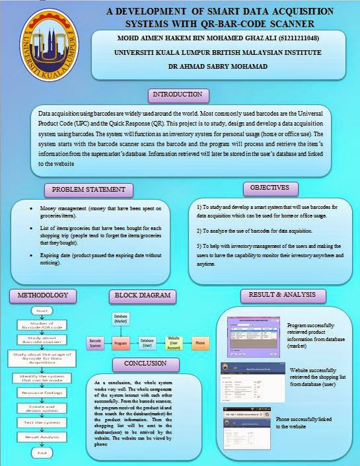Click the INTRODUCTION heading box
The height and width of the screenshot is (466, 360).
(x=176, y=95)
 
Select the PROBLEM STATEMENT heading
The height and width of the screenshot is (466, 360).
(x=88, y=190)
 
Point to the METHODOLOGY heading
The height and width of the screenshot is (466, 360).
(x=42, y=295)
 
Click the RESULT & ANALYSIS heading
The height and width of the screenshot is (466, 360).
(x=282, y=295)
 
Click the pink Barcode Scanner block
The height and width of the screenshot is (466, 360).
(x=95, y=343)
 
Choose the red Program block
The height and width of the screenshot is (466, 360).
(x=120, y=344)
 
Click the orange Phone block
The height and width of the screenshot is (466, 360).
(x=199, y=344)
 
